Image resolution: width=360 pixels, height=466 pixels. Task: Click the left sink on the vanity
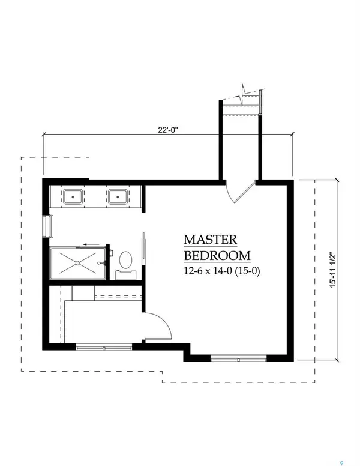pos(74,196)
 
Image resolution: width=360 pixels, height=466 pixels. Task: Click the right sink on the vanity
pos(116,196)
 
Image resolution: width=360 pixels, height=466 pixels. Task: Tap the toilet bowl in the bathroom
pos(126,260)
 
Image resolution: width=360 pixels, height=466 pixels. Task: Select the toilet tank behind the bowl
pos(126,274)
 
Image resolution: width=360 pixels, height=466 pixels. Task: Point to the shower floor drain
pos(78,263)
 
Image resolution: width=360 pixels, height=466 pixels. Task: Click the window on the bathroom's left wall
pos(46,227)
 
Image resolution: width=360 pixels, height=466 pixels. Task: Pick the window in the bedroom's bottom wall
pos(238,359)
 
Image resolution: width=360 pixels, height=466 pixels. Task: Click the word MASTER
pos(210,240)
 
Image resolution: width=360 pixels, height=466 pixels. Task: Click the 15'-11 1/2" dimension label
pos(340,269)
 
